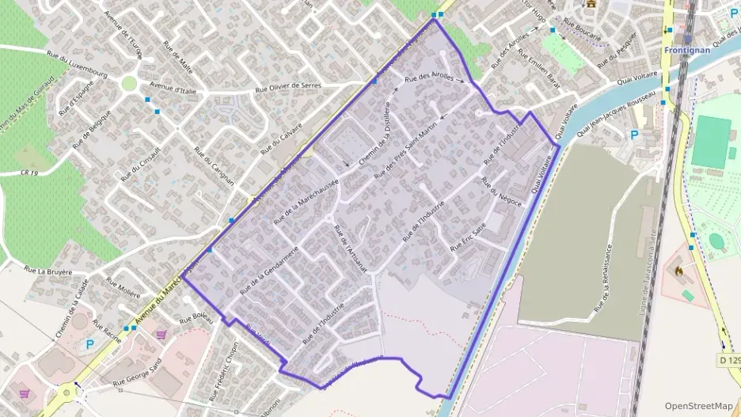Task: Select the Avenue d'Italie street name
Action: pyautogui.click(x=172, y=86)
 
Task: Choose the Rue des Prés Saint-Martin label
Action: pyautogui.click(x=405, y=154)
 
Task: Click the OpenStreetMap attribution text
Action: pyautogui.click(x=698, y=405)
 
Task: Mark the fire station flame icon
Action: pyautogui.click(x=678, y=270)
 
